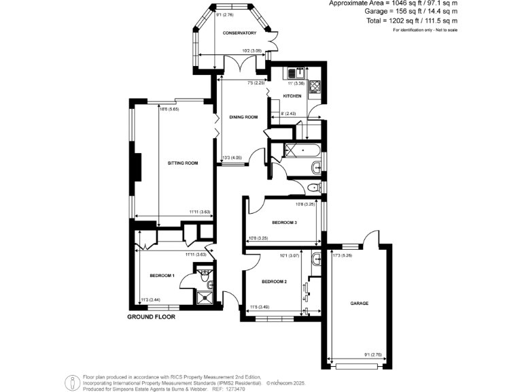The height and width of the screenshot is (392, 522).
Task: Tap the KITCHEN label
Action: pyautogui.click(x=293, y=96)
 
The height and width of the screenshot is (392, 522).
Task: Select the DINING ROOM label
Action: pyautogui.click(x=243, y=118)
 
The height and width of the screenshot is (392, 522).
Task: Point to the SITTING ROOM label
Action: pyautogui.click(x=183, y=163)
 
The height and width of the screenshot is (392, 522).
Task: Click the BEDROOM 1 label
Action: pyautogui.click(x=162, y=276)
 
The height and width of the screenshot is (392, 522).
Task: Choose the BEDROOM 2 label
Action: pyautogui.click(x=275, y=281)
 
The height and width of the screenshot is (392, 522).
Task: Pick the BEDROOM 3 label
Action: pyautogui.click(x=285, y=222)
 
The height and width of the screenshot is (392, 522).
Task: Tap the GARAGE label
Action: pyautogui.click(x=360, y=303)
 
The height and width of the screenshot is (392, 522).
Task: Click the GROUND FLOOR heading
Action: pyautogui.click(x=152, y=317)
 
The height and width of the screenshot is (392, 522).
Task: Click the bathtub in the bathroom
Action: pyautogui.click(x=303, y=150)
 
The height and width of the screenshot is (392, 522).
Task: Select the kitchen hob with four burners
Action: pyautogui.click(x=316, y=86)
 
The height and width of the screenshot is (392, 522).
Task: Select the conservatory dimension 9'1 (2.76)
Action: pyautogui.click(x=224, y=14)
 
